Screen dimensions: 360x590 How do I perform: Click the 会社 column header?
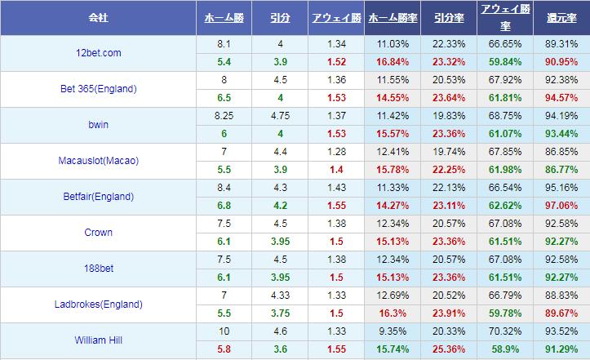pos(98,17)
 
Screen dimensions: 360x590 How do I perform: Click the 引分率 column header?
pos(450,17)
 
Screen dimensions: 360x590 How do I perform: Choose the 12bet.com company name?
pos(98,53)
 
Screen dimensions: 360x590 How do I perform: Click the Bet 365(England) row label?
pos(98,89)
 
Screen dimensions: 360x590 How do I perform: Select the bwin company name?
pos(98,125)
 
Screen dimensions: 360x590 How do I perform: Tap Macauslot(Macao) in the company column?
pos(98,161)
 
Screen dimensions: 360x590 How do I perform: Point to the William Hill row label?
pos(98,340)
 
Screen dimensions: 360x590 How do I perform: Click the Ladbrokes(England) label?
pos(98,304)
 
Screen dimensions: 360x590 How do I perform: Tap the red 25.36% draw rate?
pos(450,349)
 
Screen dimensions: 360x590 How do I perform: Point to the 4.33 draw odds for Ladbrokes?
pos(280,296)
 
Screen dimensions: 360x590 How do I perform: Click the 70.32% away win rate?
pos(504,331)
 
